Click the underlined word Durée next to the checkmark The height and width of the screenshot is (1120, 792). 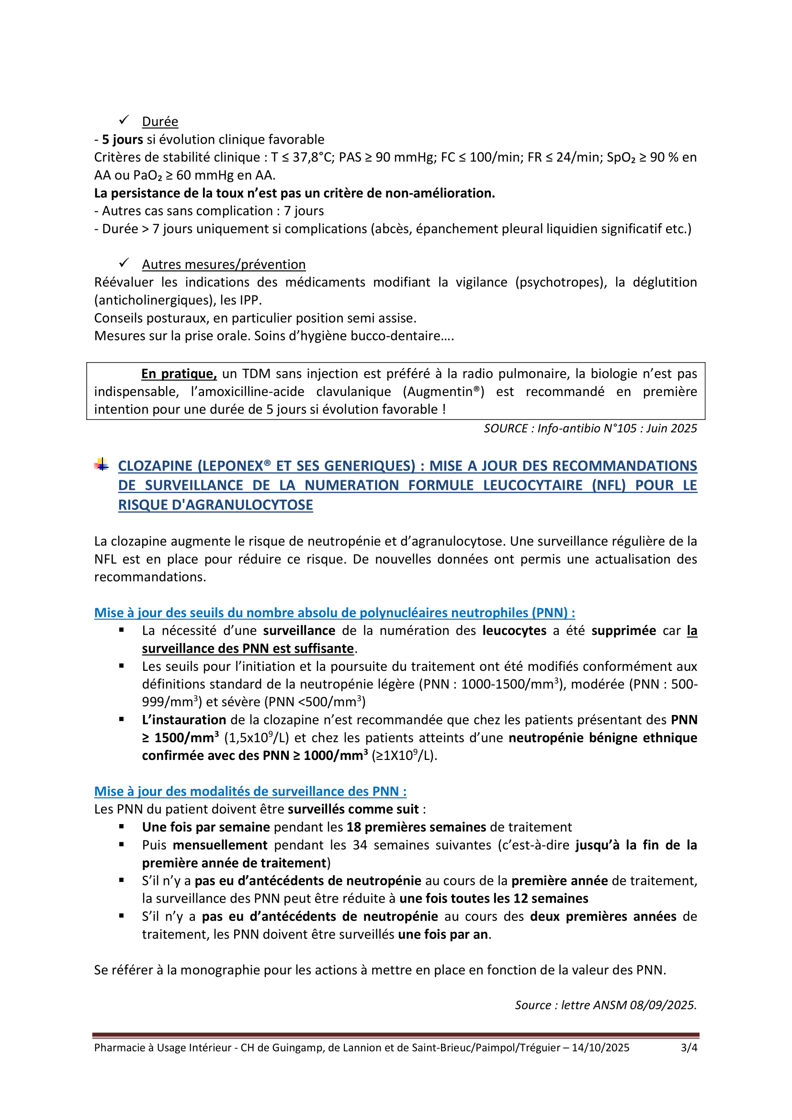click(160, 122)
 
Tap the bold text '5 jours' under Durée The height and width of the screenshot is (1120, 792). click(123, 139)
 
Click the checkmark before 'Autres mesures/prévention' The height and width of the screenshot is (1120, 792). click(124, 263)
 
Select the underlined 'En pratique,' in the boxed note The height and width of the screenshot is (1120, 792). click(179, 373)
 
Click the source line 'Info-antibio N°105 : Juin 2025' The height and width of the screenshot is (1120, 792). click(590, 428)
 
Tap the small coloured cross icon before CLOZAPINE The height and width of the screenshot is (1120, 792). click(102, 465)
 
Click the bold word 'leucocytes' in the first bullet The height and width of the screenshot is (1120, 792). click(514, 631)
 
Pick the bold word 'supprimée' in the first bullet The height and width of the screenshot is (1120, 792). click(624, 631)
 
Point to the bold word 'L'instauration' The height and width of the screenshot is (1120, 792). click(184, 720)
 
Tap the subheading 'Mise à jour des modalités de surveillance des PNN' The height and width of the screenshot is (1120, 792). click(250, 791)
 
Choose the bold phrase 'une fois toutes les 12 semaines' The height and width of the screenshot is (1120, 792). click(494, 898)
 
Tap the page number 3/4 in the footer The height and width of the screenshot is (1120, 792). click(689, 1048)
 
